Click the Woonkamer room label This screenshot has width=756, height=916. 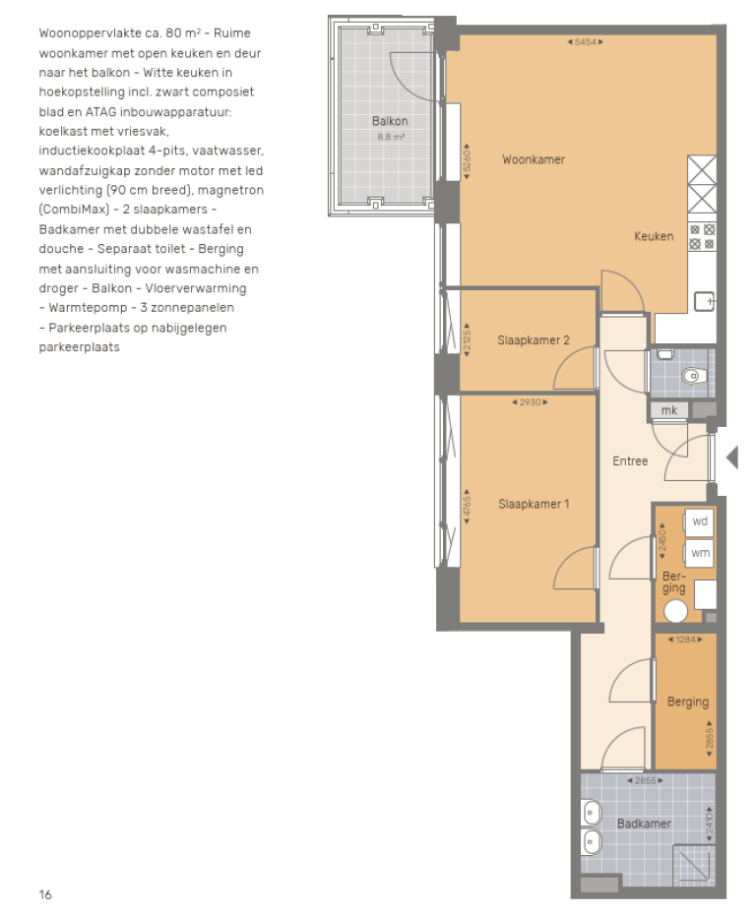click(x=534, y=159)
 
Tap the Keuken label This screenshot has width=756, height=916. click(x=654, y=236)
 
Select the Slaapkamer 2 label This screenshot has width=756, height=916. click(x=534, y=340)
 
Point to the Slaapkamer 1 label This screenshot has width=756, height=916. click(x=534, y=504)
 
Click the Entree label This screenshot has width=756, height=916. click(x=630, y=460)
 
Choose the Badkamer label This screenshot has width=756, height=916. click(x=644, y=824)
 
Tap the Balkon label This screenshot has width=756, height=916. click(x=390, y=122)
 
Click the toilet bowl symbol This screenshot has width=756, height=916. click(x=694, y=375)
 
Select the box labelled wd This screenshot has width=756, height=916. click(x=700, y=521)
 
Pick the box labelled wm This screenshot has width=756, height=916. click(x=700, y=554)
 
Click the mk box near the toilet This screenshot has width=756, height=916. click(x=668, y=410)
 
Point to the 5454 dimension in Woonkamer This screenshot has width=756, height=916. click(x=586, y=42)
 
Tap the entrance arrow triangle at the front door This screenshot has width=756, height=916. click(x=731, y=457)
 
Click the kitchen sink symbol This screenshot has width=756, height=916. click(x=704, y=301)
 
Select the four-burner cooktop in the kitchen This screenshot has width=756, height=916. click(x=701, y=236)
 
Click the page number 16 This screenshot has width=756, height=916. click(x=45, y=894)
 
